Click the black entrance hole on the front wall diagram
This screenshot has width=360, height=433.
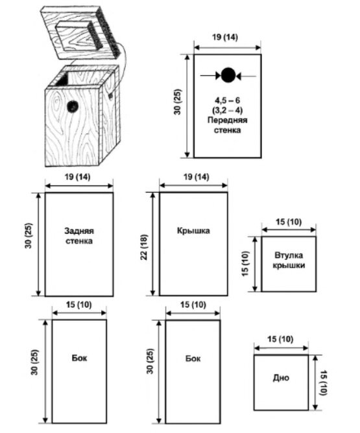[x=228, y=75]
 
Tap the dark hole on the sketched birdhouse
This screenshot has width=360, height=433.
[x=73, y=106]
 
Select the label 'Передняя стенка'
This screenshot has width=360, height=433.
[x=228, y=125]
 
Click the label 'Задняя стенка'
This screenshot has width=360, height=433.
[x=79, y=236]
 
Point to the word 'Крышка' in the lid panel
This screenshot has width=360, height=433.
[x=193, y=231]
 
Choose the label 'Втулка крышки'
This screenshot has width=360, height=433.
[x=289, y=260]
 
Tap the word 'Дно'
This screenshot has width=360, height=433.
[x=281, y=377]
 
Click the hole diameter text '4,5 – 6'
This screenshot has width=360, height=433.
[x=228, y=100]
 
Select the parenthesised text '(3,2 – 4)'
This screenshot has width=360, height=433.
[x=228, y=110]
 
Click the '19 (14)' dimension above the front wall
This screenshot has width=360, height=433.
[x=225, y=38]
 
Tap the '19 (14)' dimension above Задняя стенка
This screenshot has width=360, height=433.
[x=78, y=177]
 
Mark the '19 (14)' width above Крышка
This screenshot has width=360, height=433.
[x=196, y=177]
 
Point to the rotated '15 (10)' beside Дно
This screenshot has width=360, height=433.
[x=324, y=382]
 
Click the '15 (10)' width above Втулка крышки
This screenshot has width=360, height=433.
[x=289, y=222]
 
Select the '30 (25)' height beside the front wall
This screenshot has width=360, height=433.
[x=177, y=102]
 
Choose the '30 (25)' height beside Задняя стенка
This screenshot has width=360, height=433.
[x=29, y=235]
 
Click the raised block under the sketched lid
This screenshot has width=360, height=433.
[x=80, y=36]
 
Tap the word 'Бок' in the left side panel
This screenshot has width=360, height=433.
[x=79, y=358]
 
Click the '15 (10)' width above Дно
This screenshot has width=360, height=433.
[x=280, y=339]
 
